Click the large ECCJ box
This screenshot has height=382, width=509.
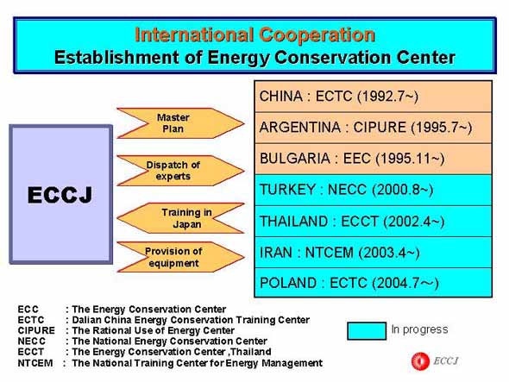[x=61, y=194]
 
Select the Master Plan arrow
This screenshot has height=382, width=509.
[x=180, y=123]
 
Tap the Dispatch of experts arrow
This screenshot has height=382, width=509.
[x=180, y=171]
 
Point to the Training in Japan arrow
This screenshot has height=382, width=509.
[x=180, y=218]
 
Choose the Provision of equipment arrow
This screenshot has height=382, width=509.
[x=180, y=257]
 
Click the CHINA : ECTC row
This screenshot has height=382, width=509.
[x=374, y=97]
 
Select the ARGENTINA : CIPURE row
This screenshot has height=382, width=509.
[x=374, y=128]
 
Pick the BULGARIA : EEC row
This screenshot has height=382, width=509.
[x=374, y=159]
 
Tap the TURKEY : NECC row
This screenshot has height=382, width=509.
[x=374, y=191]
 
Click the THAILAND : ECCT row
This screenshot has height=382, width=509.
[x=374, y=222]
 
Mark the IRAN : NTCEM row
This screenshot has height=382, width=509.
[x=374, y=253]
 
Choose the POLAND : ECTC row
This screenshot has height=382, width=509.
[x=374, y=283]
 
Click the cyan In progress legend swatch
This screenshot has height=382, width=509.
[x=367, y=331]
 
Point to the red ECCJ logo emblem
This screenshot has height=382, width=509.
[x=420, y=361]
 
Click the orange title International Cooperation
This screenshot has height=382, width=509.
[x=255, y=34]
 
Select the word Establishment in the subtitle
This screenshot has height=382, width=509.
[x=116, y=57]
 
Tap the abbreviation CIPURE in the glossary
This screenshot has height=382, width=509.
[x=36, y=330]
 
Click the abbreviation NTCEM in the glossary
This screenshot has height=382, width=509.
[x=35, y=363]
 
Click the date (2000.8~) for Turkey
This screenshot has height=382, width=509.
[x=403, y=190]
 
